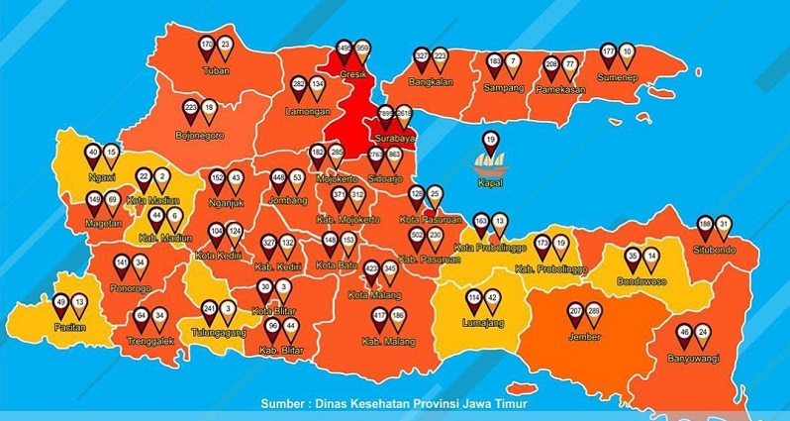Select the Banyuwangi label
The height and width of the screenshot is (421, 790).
pyautogui.click(x=693, y=357)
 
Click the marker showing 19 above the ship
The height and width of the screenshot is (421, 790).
pyautogui.click(x=489, y=140)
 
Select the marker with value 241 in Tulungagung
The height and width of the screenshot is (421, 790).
pyautogui.click(x=209, y=310)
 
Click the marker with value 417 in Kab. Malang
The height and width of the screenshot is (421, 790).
pyautogui.click(x=379, y=318)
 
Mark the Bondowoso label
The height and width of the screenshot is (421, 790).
pyautogui.click(x=642, y=281)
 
